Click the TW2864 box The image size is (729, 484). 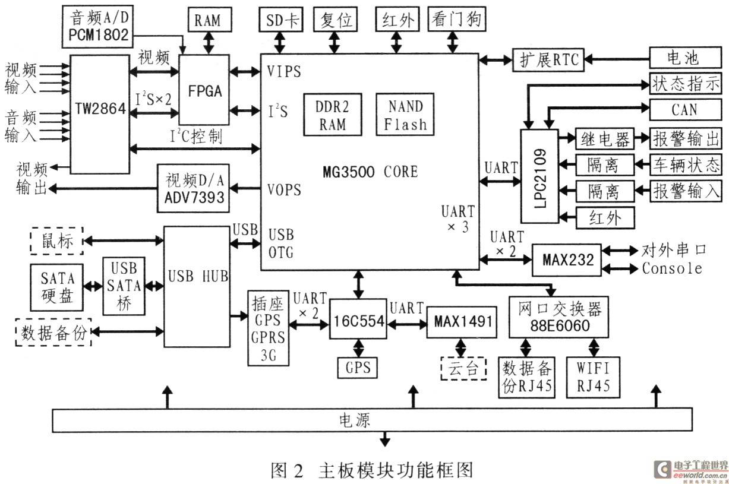100,114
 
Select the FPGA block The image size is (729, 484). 204,90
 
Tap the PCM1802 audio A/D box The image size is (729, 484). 97,26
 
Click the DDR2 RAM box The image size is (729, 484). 333,115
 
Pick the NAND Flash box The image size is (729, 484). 405,114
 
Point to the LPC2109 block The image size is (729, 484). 539,176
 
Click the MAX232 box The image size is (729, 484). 567,260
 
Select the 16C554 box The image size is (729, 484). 358,319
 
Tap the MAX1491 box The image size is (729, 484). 462,322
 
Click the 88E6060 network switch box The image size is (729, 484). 558,317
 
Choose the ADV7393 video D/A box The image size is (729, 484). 193,188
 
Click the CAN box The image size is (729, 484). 686,110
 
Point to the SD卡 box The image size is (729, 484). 281,20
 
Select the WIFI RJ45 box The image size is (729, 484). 593,377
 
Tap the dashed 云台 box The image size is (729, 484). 463,369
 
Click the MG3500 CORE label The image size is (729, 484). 370,172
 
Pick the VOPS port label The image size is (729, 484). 284,189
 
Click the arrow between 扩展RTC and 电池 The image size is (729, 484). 617,59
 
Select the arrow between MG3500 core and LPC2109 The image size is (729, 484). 500,182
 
